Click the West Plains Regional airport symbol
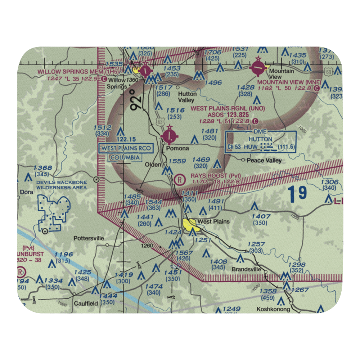point(169,136)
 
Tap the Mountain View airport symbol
point(258,67)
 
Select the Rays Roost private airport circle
point(179,178)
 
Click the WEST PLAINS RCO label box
point(126,148)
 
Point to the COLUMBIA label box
point(126,158)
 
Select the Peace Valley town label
point(264,161)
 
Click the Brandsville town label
point(246,269)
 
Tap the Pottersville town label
point(89,238)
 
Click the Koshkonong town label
point(273,309)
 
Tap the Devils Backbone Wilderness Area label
point(61,185)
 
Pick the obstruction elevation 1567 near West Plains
point(184,253)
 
